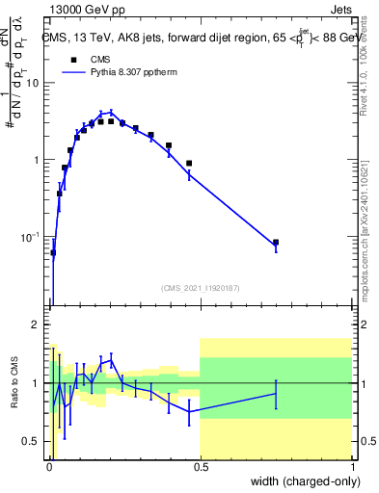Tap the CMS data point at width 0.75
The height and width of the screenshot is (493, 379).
276,243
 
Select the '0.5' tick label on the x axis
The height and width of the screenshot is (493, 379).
200,467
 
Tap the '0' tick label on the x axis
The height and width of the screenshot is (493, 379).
49,467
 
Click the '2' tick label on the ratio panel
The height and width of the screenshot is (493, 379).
36,324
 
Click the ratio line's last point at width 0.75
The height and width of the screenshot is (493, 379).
276,393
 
